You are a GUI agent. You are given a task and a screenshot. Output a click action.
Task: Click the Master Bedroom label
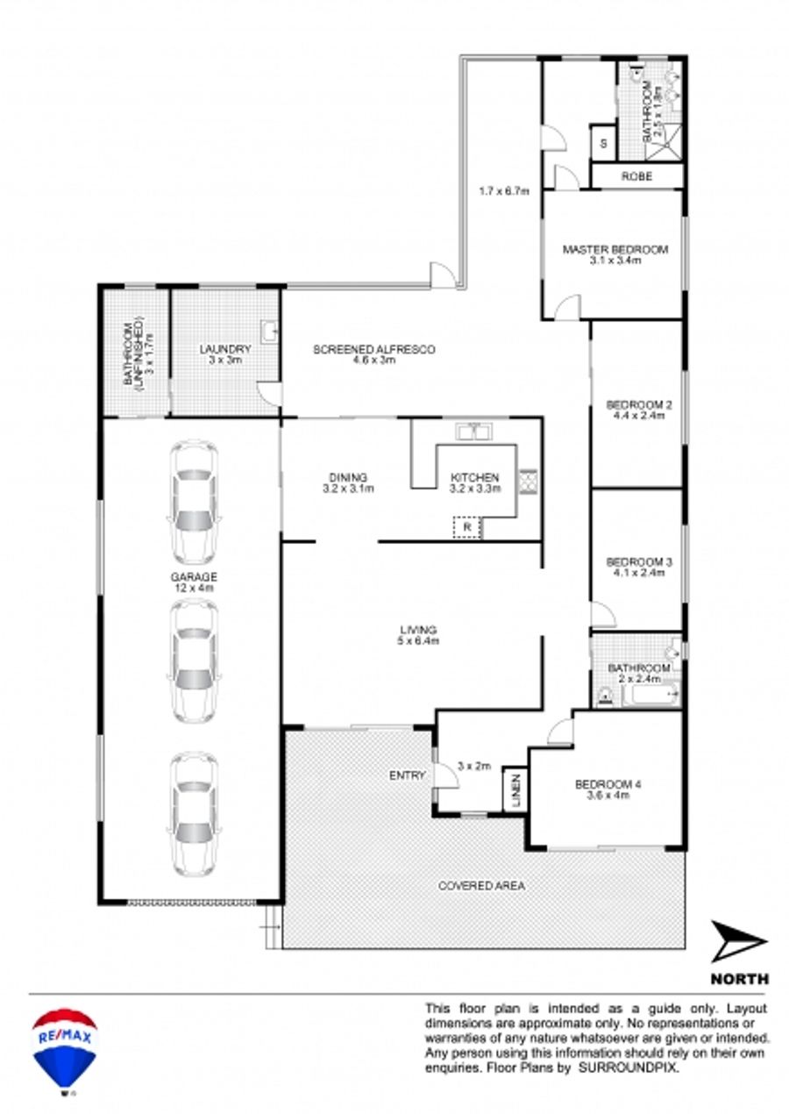pos(615,249)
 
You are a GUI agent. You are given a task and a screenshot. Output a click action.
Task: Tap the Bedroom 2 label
pos(639,405)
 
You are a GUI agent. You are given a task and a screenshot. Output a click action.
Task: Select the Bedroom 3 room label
pos(639,562)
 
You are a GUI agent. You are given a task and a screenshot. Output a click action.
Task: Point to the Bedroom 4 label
pos(608,784)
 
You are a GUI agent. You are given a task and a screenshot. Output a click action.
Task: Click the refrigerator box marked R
pos(467,527)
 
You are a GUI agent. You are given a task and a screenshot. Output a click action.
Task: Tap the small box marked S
pos(603,144)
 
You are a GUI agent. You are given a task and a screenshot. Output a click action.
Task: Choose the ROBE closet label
pos(636,176)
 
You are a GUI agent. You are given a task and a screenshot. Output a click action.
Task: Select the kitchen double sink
pos(474,432)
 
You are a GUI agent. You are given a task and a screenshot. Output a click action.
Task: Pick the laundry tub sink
pos(269,331)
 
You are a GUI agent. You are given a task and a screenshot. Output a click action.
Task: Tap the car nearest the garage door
pos(195,815)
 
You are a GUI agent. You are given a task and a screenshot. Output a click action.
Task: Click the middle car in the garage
pos(195,661)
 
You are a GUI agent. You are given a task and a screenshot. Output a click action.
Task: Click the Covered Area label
pos(482,885)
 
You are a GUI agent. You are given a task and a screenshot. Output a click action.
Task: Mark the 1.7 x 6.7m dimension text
pos(503,190)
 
